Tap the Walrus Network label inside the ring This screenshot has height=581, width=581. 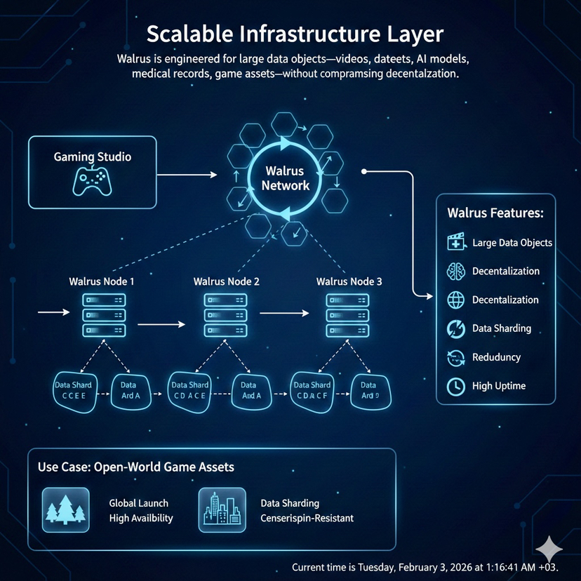(285, 178)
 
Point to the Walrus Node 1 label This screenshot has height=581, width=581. (102, 281)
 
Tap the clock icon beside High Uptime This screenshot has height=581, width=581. (455, 386)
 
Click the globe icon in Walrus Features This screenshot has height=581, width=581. (456, 300)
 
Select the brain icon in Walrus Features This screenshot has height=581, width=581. (456, 272)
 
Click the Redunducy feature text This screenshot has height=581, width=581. (497, 357)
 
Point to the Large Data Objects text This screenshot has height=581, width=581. (512, 243)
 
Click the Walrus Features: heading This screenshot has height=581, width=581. (495, 212)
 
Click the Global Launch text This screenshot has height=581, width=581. (139, 503)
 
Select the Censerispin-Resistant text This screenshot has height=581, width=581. (307, 519)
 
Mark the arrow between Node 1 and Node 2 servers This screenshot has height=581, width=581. (161, 324)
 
